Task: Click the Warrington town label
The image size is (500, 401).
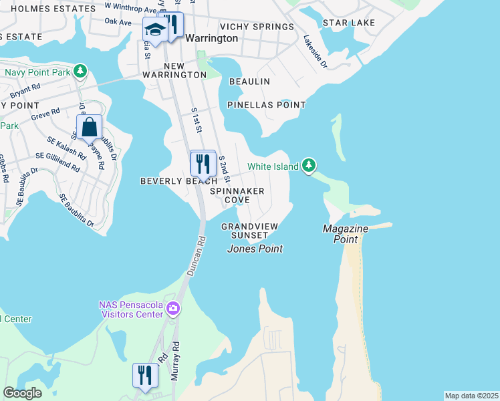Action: (x=211, y=38)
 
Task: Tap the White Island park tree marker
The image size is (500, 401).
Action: (x=308, y=164)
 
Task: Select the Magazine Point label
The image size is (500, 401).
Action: (x=345, y=233)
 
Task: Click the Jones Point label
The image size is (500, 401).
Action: (x=255, y=249)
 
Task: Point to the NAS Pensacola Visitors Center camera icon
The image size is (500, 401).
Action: (x=173, y=309)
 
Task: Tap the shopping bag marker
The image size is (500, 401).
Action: (x=89, y=127)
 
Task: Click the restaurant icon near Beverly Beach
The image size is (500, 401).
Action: (x=203, y=163)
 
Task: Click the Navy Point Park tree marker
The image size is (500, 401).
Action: (x=80, y=71)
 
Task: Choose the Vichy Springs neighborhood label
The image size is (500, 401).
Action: (x=257, y=27)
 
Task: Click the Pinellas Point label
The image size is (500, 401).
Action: (x=266, y=105)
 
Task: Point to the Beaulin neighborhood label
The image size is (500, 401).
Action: (x=249, y=82)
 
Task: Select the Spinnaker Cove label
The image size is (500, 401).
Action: (x=237, y=195)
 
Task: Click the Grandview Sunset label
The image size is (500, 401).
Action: (x=249, y=231)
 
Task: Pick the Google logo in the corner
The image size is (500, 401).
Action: (x=22, y=393)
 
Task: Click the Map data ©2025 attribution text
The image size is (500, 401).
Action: (x=471, y=396)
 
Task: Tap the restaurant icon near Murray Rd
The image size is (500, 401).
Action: (x=145, y=375)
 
